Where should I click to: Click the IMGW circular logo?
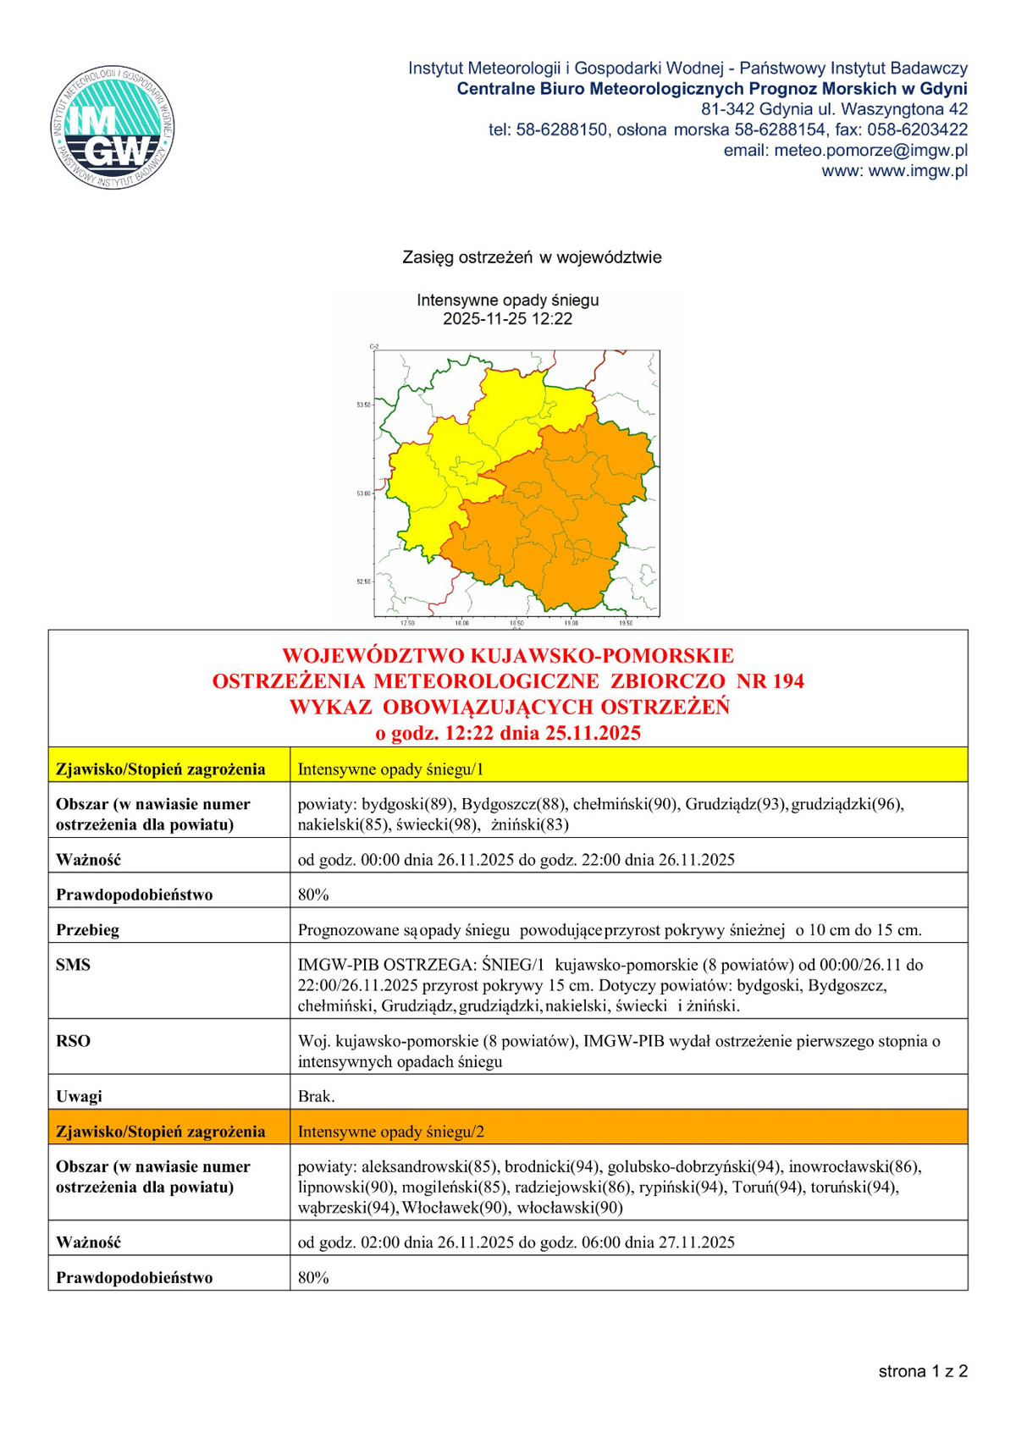click(113, 127)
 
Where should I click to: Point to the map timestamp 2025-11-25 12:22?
click(508, 319)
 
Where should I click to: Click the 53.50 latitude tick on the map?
click(363, 405)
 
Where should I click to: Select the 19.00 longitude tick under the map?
click(571, 623)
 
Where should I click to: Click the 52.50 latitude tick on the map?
click(363, 581)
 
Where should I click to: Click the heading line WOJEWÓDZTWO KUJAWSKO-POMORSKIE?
click(508, 656)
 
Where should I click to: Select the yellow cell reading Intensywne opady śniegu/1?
click(390, 769)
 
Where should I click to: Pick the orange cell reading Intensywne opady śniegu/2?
click(390, 1132)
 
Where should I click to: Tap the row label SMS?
click(73, 965)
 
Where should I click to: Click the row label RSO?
click(73, 1041)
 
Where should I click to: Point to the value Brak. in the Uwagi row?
click(316, 1096)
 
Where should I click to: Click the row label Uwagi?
click(79, 1096)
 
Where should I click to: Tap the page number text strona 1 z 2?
click(922, 1372)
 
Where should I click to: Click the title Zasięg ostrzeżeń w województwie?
click(532, 257)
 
